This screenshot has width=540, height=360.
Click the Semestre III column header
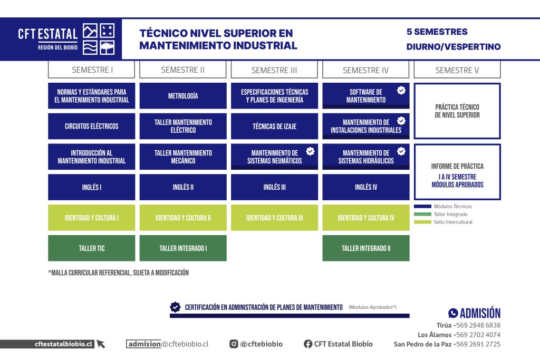click(x=274, y=70)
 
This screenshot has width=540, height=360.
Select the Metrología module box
click(x=183, y=96)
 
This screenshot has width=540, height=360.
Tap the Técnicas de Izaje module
click(x=274, y=127)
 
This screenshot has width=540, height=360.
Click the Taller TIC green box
click(x=92, y=248)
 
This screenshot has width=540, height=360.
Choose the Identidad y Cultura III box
click(x=274, y=218)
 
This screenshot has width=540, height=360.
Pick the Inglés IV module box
click(x=366, y=187)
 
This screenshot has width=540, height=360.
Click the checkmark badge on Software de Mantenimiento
click(x=401, y=91)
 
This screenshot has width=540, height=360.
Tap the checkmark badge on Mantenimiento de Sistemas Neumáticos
click(x=310, y=151)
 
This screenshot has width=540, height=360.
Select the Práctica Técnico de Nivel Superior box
click(x=457, y=111)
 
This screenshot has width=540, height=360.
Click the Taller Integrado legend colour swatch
click(x=422, y=214)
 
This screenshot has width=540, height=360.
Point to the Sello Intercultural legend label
click(x=453, y=222)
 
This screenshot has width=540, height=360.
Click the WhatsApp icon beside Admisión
click(x=453, y=313)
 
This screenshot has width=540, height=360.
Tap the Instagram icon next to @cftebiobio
click(x=234, y=344)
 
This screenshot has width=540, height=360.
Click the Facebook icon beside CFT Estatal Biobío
click(x=308, y=344)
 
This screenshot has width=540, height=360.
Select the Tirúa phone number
click(x=477, y=325)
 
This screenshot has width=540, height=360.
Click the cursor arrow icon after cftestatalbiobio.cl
click(x=101, y=344)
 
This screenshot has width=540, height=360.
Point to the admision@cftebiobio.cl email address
click(x=167, y=344)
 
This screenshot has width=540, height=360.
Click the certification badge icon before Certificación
click(x=175, y=307)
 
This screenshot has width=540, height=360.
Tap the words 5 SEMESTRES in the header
click(x=437, y=32)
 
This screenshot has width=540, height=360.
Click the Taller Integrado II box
click(x=366, y=248)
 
